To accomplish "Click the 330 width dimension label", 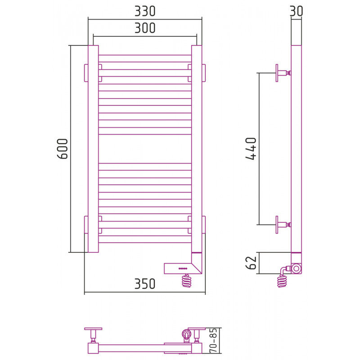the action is tap(145, 11).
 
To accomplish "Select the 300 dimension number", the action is tap(145, 28).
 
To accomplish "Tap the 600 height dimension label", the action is tap(63, 148).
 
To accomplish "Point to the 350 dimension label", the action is tap(145, 284).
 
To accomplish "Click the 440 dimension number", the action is tap(251, 148).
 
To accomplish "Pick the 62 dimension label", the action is tap(251, 263).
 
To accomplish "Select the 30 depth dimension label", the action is tap(296, 11).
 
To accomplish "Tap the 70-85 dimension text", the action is tap(213, 340).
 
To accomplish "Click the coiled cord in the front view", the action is tap(187, 280).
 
